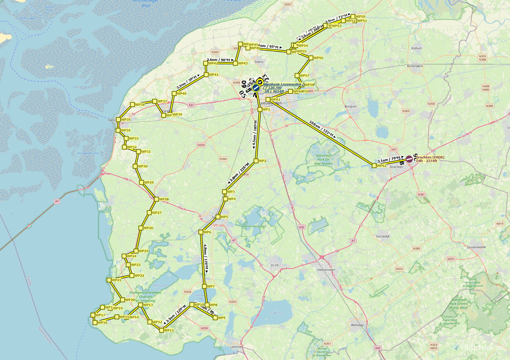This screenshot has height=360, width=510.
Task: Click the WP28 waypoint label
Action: coord(164,199)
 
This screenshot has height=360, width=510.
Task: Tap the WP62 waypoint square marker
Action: coord(374,166)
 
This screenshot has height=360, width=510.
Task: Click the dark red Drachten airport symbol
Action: coord(409,159)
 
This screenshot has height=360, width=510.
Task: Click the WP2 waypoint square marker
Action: coord(256,161)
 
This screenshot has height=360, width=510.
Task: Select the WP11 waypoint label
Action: coord(169,331)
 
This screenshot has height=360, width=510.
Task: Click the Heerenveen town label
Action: coord(326,270)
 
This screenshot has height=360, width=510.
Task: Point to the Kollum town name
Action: coord(416,48)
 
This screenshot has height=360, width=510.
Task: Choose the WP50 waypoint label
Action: coord(360,17)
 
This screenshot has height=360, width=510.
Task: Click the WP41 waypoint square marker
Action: coord(206,75)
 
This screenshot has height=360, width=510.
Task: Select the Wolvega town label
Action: coord(357,325)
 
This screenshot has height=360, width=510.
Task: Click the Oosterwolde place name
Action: coord(476,247)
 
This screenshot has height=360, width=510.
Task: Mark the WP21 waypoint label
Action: coord(117,280)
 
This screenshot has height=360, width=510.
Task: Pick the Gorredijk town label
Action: coord(382,236)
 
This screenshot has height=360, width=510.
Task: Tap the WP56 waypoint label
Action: coord(318,58)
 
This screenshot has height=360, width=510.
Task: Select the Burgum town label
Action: coord(350,107)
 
